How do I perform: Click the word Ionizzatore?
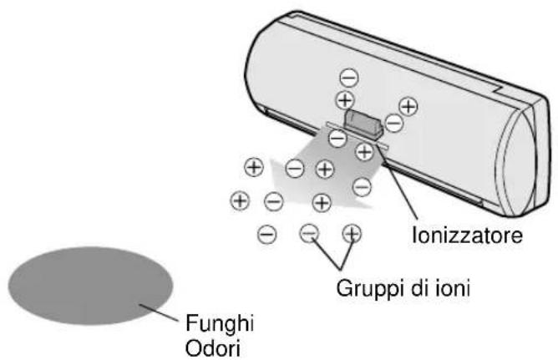pyautogui.click(x=467, y=236)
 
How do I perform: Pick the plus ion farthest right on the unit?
pyautogui.click(x=408, y=106)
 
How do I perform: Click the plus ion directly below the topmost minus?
pyautogui.click(x=344, y=99)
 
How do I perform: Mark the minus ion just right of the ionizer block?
pyautogui.click(x=393, y=124)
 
